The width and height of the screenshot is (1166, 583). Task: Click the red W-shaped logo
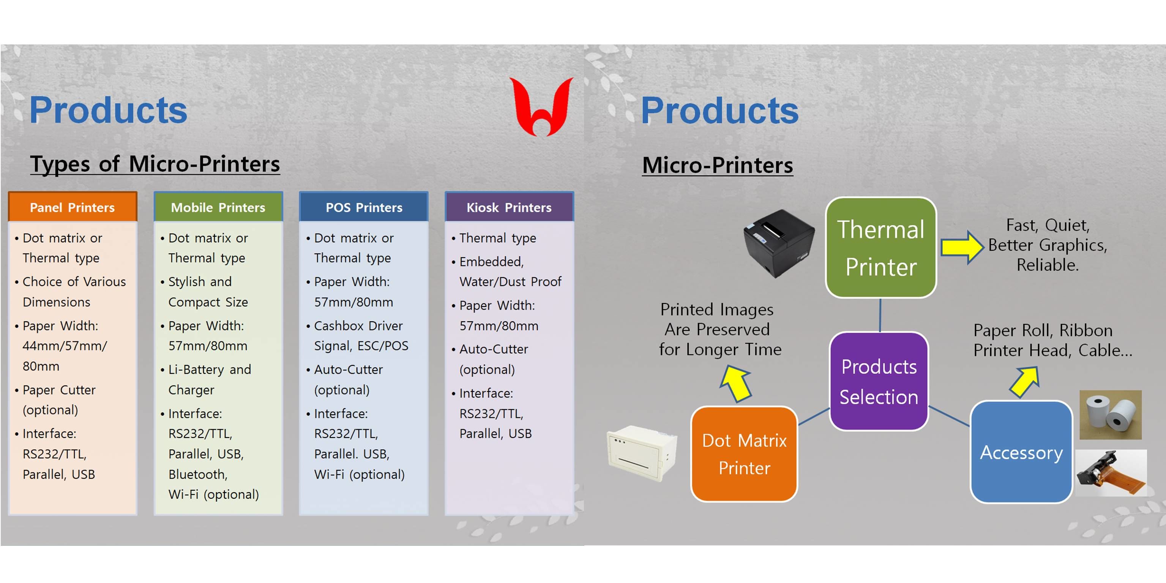point(541,107)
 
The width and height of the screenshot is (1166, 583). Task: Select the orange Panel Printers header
point(73,207)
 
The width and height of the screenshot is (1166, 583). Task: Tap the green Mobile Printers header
point(218,207)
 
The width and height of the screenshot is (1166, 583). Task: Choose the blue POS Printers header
point(364,207)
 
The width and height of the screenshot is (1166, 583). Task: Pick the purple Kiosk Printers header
point(509,207)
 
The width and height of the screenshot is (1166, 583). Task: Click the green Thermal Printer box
point(881,248)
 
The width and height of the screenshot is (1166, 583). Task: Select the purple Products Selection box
point(879,381)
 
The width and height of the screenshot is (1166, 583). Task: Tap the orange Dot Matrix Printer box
point(744,454)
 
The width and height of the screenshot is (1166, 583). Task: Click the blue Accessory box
point(1021,452)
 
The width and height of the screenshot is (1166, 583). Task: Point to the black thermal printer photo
point(779,243)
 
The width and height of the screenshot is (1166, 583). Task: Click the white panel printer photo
point(642,453)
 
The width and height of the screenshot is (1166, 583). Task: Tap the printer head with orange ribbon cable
point(1111,473)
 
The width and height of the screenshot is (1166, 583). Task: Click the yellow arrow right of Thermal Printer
point(962,247)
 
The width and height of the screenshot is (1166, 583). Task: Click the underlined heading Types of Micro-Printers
point(155,164)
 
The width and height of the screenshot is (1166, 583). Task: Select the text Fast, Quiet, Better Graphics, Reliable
point(1048,245)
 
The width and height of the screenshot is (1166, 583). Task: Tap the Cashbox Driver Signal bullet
point(358,335)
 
